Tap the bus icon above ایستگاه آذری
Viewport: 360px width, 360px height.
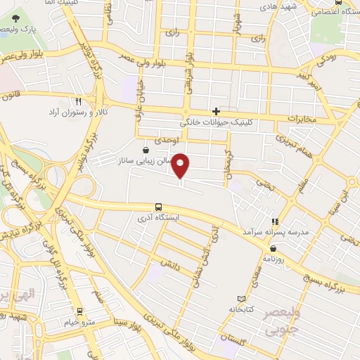(x=159, y=207)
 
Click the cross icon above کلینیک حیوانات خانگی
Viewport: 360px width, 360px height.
(x=217, y=112)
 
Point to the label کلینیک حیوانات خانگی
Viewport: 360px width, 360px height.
(x=217, y=122)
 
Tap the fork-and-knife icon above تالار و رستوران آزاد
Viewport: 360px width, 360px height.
(x=79, y=101)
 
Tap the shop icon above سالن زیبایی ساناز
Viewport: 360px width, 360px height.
(x=146, y=150)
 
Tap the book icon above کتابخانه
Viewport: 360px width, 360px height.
(x=242, y=299)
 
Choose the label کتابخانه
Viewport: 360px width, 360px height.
(x=242, y=309)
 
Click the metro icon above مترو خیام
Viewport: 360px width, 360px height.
(x=79, y=311)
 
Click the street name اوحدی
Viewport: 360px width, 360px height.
(x=169, y=141)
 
